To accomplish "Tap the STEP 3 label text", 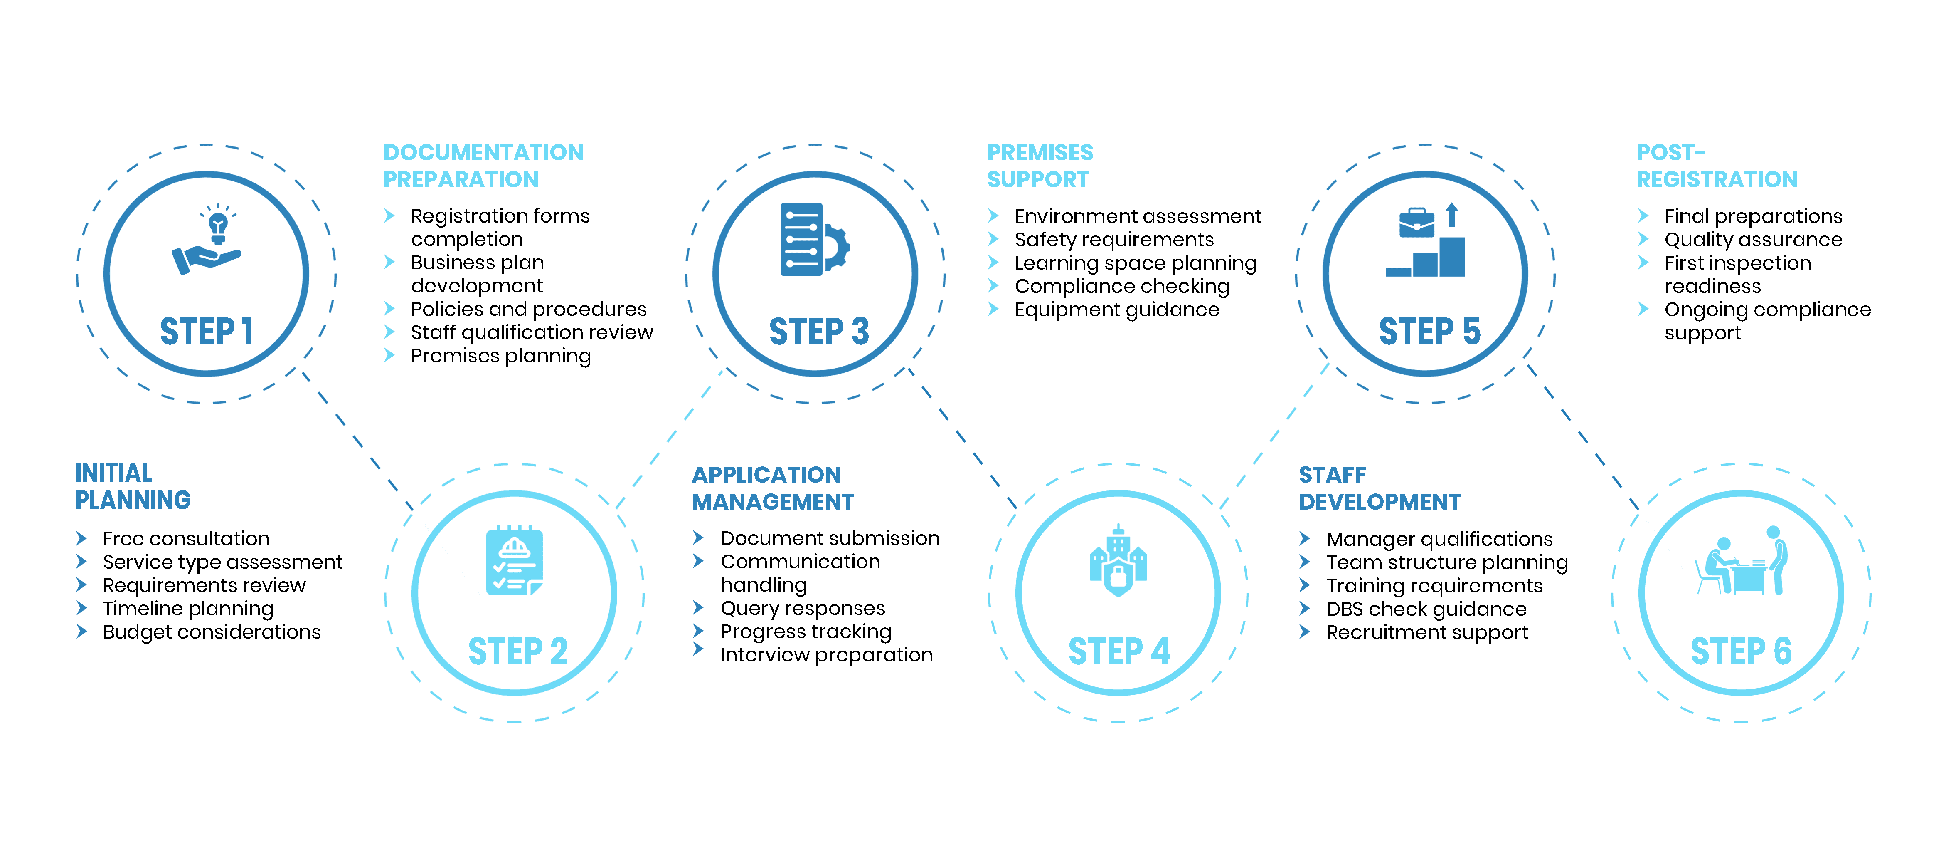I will coord(818,332).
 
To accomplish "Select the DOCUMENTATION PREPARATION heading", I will coord(483,166).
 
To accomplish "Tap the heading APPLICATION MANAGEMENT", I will coord(772,488).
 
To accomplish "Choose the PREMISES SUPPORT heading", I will coord(1040,166).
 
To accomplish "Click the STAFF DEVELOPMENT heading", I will coord(1379,488).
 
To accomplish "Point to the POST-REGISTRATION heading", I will coord(1716,166).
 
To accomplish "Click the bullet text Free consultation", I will coord(186,539).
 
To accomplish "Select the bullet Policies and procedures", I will coord(528,309).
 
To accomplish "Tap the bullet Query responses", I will coord(803,609).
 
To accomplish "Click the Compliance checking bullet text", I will coord(1121,287).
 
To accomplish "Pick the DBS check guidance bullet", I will coord(1426,609).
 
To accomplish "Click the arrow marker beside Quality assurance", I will coord(1643,239).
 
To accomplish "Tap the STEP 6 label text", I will coord(1740,652).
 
